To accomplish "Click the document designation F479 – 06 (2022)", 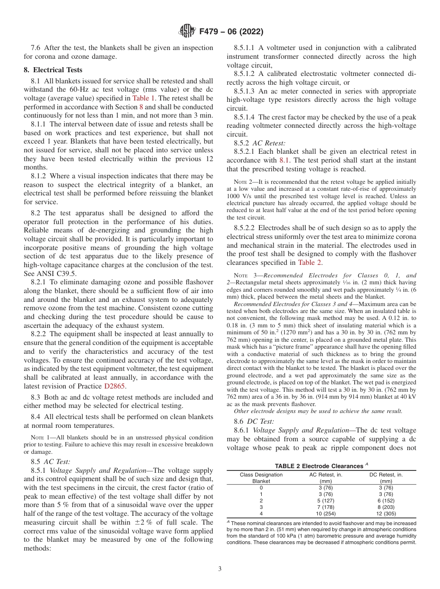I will (231, 32).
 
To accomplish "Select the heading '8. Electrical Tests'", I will (53, 70).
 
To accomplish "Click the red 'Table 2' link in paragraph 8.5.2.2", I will (309, 263).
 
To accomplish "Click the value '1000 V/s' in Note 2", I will (239, 196).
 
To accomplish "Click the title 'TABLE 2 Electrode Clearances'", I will (319, 466).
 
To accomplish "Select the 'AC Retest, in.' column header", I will (326, 475).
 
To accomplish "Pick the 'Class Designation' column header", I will (261, 475).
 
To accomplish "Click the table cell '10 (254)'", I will (326, 514).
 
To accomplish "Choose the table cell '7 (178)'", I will (326, 507).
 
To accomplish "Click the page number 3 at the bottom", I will (220, 569).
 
